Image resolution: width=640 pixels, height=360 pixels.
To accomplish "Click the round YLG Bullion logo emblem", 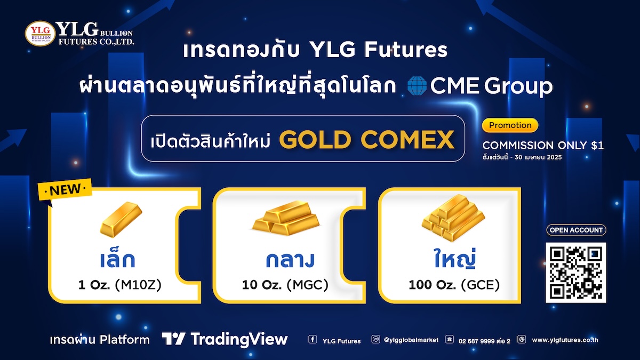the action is point(41,34).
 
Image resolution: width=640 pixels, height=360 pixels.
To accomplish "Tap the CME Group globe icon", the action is point(417,86).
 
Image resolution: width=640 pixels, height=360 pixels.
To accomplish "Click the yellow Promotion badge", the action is point(510,125).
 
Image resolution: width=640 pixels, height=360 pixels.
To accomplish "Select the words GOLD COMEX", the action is point(366,140).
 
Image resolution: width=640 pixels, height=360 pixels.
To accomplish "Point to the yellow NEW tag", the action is point(65,189).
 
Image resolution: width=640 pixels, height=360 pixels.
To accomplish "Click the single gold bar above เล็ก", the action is point(121,219).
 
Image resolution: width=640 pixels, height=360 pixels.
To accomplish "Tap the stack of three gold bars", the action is point(286,218).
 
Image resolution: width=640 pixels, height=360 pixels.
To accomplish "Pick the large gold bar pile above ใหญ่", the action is point(453,218).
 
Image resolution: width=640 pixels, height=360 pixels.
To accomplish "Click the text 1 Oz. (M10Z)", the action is point(120,285).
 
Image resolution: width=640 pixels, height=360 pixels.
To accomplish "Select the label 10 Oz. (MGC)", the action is point(285,285).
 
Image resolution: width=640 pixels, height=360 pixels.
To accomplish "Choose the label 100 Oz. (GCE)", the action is point(454,285).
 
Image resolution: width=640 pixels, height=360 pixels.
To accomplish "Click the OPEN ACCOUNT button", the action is point(576,230).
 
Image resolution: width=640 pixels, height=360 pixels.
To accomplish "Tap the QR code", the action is point(575,273).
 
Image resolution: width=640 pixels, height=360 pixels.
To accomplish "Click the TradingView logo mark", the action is point(174,339).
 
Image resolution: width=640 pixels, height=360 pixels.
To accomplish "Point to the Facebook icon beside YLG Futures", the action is point(313,339).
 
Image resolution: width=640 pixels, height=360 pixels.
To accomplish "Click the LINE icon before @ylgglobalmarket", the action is point(375,339).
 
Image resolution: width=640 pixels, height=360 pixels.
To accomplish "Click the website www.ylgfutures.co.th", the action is point(565,340).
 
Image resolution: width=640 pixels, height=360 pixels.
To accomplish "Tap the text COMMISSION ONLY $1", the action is point(543,146).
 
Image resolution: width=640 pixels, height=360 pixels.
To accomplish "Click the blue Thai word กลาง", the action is point(290,260).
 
